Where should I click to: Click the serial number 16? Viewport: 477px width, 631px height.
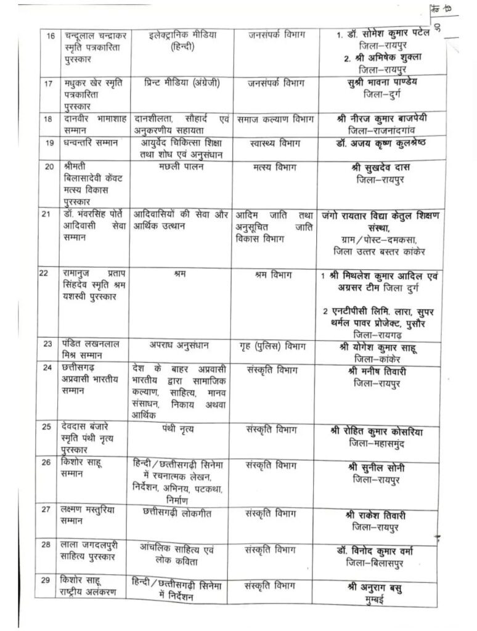[x=51, y=35]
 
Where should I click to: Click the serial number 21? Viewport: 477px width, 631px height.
[x=47, y=214]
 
